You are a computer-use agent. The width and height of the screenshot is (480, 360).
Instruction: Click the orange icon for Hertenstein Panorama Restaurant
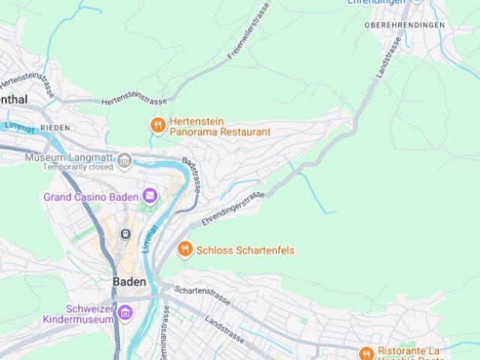pyautogui.click(x=157, y=125)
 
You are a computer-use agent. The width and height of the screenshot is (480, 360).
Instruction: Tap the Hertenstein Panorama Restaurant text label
pyautogui.click(x=218, y=126)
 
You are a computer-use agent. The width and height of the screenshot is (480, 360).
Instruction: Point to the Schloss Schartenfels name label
pyautogui.click(x=245, y=250)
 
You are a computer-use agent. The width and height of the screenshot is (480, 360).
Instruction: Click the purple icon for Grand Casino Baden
pyautogui.click(x=151, y=196)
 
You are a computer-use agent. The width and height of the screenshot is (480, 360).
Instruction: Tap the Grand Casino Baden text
pyautogui.click(x=91, y=197)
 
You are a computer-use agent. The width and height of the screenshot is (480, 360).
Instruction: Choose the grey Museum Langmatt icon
pyautogui.click(x=124, y=159)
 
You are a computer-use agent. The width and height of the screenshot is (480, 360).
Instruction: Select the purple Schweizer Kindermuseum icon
pyautogui.click(x=124, y=313)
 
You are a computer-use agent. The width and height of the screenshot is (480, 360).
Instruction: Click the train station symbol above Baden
pyautogui.click(x=125, y=235)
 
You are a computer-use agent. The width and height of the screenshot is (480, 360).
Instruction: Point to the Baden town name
pyautogui.click(x=129, y=281)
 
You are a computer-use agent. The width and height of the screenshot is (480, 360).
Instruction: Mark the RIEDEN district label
pyautogui.click(x=55, y=128)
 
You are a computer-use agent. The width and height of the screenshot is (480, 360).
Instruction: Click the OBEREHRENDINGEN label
pyautogui.click(x=404, y=25)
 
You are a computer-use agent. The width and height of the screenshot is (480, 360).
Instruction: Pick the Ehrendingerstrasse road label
pyautogui.click(x=232, y=207)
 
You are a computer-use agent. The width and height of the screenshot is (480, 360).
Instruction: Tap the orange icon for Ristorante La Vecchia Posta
pyautogui.click(x=366, y=353)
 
